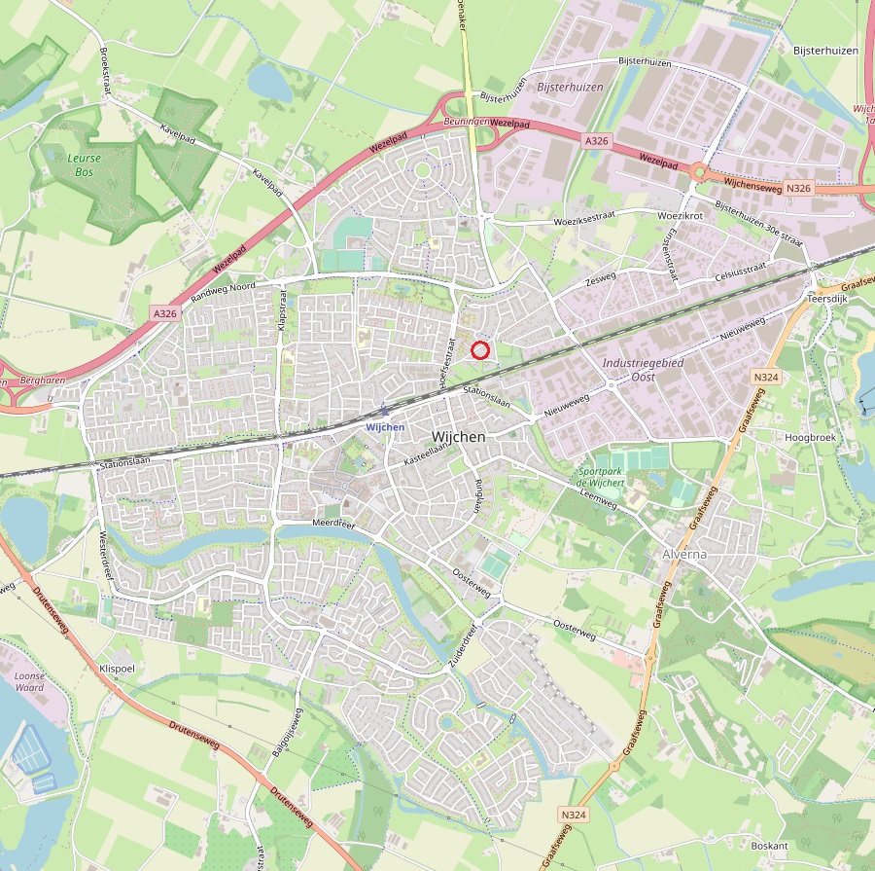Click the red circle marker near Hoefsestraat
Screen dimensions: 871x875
pyautogui.click(x=479, y=350)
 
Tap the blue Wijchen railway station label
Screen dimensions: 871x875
pyautogui.click(x=386, y=426)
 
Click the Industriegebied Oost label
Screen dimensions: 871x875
pyautogui.click(x=643, y=369)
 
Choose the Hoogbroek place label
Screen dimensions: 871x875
pyautogui.click(x=810, y=437)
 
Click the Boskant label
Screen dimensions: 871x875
pyautogui.click(x=769, y=846)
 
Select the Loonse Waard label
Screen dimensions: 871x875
pyautogui.click(x=29, y=680)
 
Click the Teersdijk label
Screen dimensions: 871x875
pyautogui.click(x=829, y=300)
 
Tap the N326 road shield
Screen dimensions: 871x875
pyautogui.click(x=798, y=187)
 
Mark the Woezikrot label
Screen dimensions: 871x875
pyautogui.click(x=680, y=214)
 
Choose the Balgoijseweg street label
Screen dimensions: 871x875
pyautogui.click(x=289, y=739)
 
